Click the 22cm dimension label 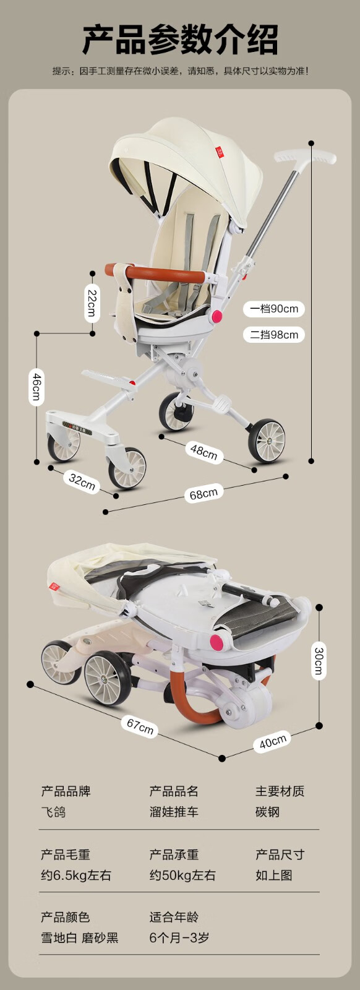[x=92, y=303]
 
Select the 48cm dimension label [x=204, y=452]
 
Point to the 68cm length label [x=204, y=493]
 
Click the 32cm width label [x=82, y=482]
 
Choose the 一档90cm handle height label [x=274, y=309]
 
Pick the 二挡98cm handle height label [x=274, y=335]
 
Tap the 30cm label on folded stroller [x=319, y=661]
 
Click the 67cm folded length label [x=140, y=726]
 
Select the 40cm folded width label [x=273, y=742]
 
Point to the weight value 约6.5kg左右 [x=76, y=876]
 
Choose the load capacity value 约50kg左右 [x=182, y=876]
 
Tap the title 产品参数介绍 [x=180, y=40]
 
